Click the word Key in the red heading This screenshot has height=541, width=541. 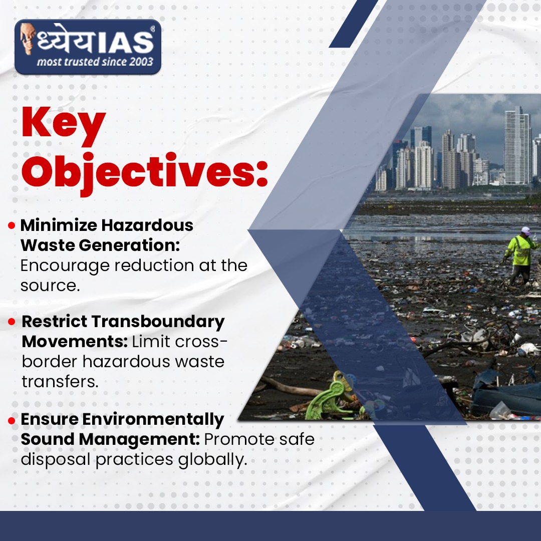[x=64, y=125]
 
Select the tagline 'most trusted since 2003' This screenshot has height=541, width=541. [x=95, y=62]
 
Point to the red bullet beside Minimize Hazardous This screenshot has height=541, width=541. [x=12, y=225]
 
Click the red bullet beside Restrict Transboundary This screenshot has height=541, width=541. [x=12, y=322]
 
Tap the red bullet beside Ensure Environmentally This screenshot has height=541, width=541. [x=12, y=420]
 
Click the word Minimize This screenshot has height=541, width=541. [x=59, y=225]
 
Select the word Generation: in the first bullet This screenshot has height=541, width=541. [x=129, y=245]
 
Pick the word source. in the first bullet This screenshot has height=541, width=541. [x=50, y=286]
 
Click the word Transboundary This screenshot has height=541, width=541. [x=158, y=322]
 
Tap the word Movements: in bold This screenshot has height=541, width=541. [x=75, y=342]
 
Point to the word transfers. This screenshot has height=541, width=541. [x=60, y=382]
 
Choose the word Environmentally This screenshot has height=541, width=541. [x=153, y=420]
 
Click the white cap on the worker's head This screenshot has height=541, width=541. [x=526, y=230]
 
